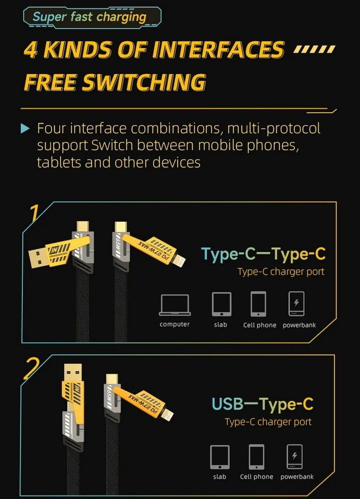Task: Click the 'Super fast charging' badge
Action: (90, 17)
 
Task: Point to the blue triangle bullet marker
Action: (25, 129)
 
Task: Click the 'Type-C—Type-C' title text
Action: (263, 254)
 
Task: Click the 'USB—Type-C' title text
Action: (263, 404)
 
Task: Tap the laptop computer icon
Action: (175, 305)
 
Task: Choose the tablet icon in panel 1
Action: (221, 304)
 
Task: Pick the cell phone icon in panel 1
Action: (259, 304)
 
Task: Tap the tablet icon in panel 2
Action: (220, 456)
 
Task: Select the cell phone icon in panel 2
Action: (257, 456)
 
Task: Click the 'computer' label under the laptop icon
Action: (175, 325)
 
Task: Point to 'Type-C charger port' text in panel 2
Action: (268, 422)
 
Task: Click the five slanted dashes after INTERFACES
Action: (314, 50)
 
